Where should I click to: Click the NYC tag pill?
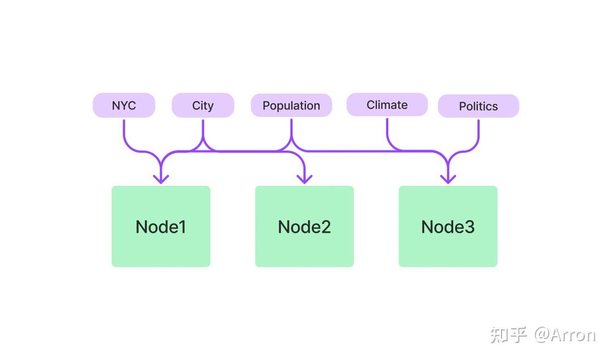124,105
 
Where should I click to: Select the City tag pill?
203,105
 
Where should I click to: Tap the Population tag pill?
292,105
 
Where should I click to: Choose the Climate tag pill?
387,105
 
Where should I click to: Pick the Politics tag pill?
478,106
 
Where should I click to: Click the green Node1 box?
161,226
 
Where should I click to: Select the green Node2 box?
304,226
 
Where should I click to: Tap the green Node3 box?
448,226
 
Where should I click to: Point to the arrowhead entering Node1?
161,179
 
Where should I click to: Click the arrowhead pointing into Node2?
304,179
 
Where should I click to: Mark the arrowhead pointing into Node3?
448,179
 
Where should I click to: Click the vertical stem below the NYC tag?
124,128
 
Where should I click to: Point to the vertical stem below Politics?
478,128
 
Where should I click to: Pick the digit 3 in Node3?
469,227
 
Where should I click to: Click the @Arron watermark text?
565,335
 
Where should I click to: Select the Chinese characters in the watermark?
508,335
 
